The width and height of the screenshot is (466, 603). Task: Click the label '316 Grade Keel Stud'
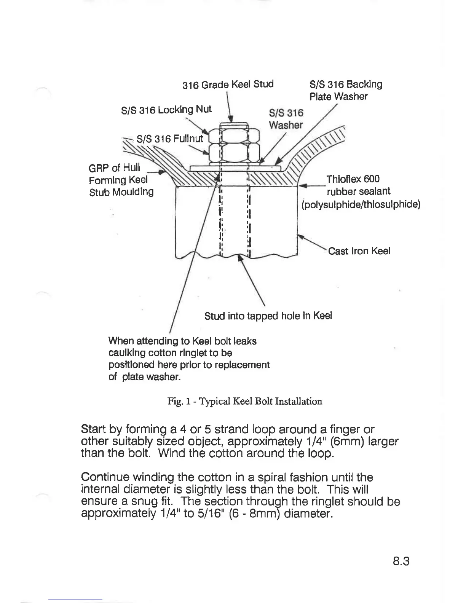[x=228, y=84]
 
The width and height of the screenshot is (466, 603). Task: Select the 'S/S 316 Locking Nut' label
[x=166, y=110]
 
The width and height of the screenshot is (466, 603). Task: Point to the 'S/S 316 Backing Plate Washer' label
[x=345, y=90]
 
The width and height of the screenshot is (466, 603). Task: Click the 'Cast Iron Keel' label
[x=359, y=251]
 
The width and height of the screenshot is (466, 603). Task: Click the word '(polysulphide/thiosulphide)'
[x=361, y=205]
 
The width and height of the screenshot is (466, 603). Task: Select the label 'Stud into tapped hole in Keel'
[x=268, y=316]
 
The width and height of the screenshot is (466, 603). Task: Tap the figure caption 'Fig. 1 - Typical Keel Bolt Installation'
[x=245, y=401]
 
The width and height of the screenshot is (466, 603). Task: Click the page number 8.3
[x=401, y=562]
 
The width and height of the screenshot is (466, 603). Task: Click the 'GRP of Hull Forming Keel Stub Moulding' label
[x=121, y=179]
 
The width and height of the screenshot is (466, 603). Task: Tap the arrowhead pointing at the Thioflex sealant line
[x=302, y=186]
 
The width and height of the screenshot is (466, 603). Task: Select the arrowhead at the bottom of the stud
[x=240, y=258]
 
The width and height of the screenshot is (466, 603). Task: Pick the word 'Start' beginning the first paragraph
[x=93, y=429]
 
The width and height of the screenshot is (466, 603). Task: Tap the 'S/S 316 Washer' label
[x=286, y=119]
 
